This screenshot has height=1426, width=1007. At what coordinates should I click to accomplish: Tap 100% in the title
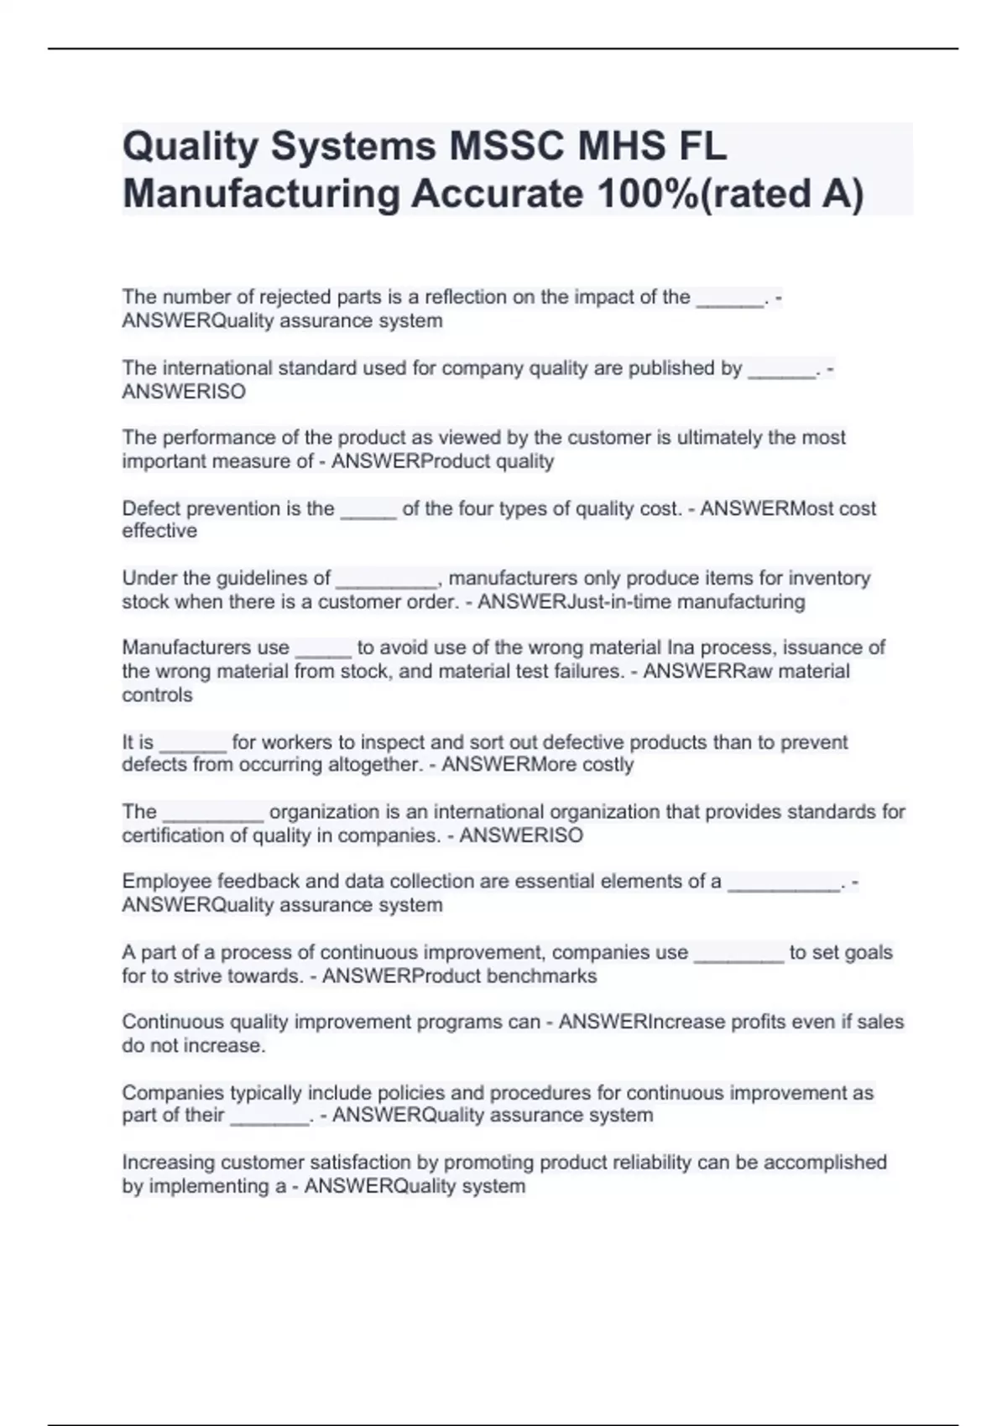click(646, 195)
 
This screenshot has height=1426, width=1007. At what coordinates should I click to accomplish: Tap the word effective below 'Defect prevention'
click(159, 531)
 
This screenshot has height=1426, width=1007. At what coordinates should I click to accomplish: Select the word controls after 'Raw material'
click(157, 695)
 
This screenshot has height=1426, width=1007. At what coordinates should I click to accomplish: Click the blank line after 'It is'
click(192, 743)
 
